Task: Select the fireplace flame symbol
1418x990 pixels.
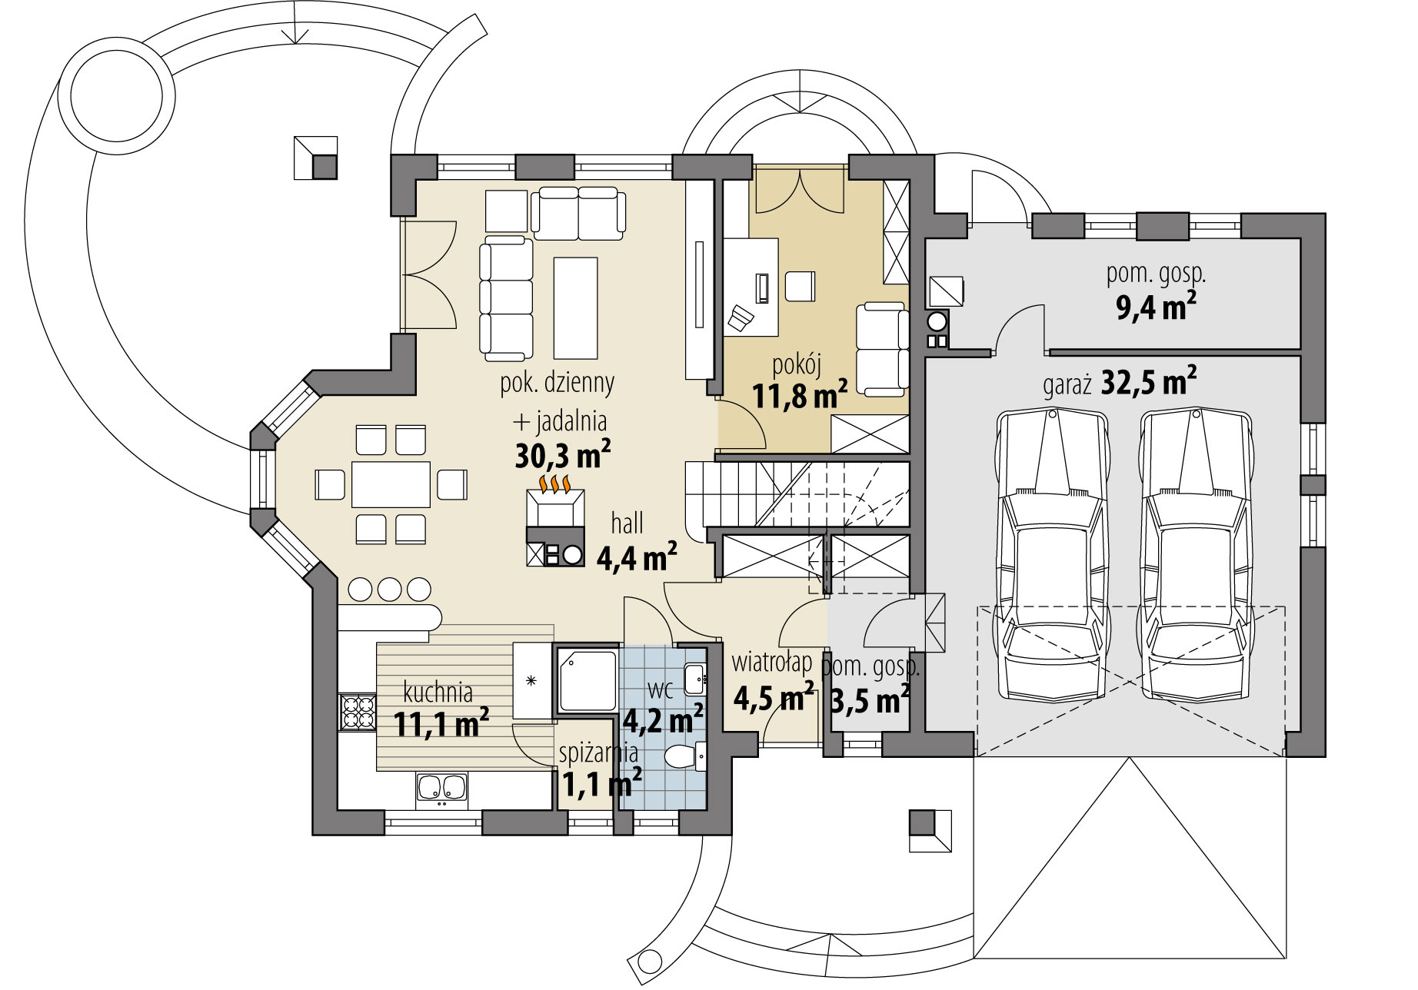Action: click(554, 483)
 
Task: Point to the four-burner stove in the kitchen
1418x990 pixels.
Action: click(356, 712)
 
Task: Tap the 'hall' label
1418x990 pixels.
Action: click(627, 524)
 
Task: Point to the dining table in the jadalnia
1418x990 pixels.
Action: click(391, 484)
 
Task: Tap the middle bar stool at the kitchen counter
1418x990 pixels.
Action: click(390, 589)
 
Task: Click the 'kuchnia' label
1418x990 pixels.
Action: click(438, 693)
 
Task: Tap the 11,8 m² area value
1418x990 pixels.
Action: click(800, 397)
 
